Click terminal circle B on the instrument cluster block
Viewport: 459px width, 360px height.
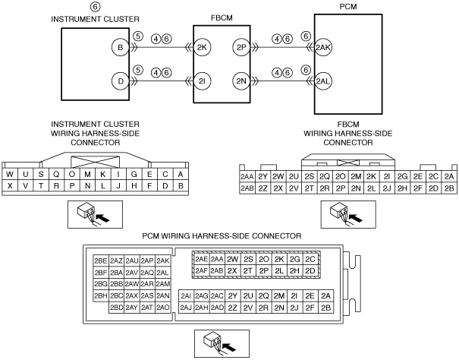[x=121, y=47]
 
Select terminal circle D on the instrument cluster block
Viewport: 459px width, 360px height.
[x=121, y=81]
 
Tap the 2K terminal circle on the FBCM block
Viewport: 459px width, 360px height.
[x=202, y=47]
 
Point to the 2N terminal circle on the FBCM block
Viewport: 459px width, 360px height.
[x=241, y=81]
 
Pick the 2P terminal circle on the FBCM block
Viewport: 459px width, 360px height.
[x=241, y=47]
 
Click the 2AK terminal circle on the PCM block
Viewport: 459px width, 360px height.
[x=323, y=47]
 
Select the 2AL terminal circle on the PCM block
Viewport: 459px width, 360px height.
[x=323, y=81]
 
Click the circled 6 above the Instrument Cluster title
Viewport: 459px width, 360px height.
[x=95, y=6]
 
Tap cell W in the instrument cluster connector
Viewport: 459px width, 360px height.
[x=10, y=175]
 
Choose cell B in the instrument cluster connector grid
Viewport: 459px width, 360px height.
[x=181, y=185]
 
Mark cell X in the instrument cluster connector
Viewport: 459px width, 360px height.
[x=10, y=185]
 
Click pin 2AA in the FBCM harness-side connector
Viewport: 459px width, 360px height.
[x=247, y=176]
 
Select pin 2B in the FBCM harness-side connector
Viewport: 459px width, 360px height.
[x=449, y=188]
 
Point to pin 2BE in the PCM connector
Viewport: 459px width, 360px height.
[x=101, y=261]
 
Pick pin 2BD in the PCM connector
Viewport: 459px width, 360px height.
[x=116, y=308]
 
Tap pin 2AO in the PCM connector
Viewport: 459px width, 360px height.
[x=163, y=308]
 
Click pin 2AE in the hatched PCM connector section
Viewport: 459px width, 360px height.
[x=201, y=259]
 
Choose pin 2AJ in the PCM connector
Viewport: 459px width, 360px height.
[x=186, y=308]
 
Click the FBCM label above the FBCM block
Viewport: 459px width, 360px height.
[x=222, y=18]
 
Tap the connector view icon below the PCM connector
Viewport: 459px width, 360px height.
[x=222, y=343]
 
